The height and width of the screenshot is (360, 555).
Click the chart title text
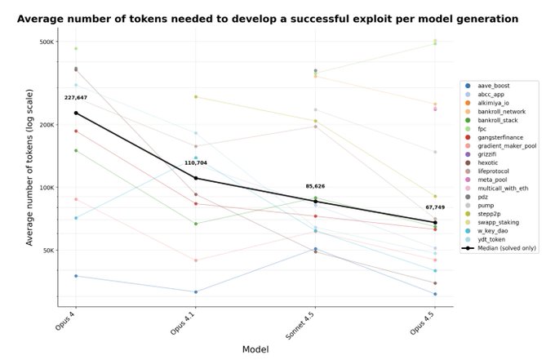tap(267, 18)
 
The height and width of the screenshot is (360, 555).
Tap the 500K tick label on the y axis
tap(47, 42)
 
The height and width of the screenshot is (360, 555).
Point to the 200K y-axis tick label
tap(47, 125)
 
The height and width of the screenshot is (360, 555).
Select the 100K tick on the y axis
tap(47, 188)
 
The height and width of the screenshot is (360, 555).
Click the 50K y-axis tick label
tap(48, 251)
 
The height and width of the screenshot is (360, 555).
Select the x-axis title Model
tap(255, 349)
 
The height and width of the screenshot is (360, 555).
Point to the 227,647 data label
tap(76, 97)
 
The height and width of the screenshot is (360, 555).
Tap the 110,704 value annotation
tap(196, 162)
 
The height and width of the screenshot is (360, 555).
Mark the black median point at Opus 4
tap(76, 113)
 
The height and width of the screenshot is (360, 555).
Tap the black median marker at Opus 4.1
tap(196, 179)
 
